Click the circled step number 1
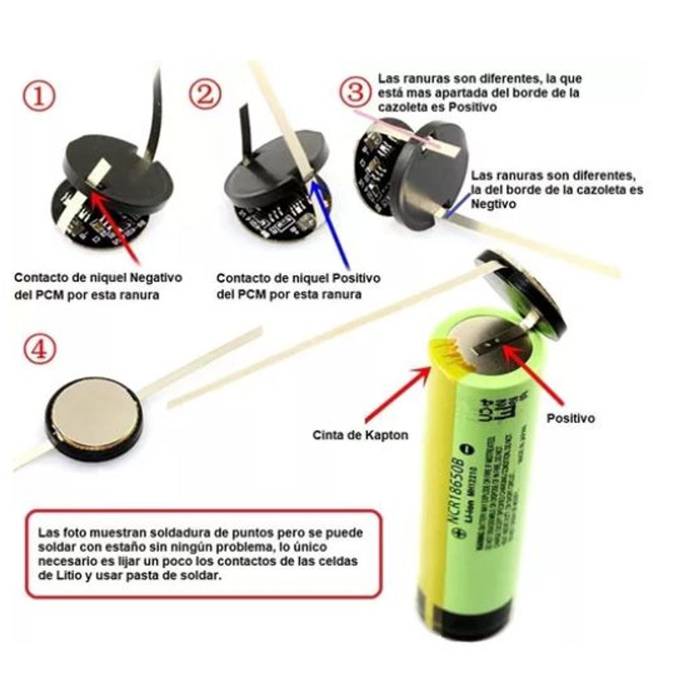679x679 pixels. [x=39, y=97]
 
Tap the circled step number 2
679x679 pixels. [x=204, y=94]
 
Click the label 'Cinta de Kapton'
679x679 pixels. [x=360, y=435]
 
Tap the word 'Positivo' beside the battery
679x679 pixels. [x=570, y=418]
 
